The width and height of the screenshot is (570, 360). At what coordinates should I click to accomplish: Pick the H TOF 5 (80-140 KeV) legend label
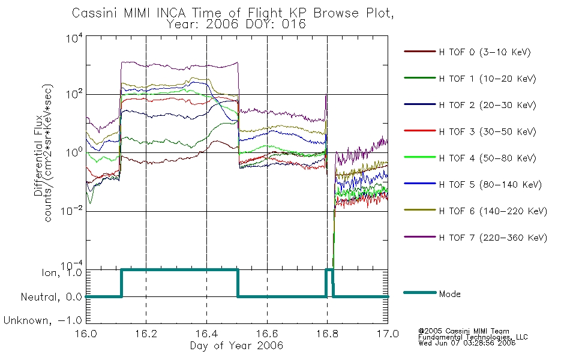point(490,185)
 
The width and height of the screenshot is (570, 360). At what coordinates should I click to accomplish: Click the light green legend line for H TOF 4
point(420,157)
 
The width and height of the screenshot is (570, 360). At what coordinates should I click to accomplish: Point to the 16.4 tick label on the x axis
point(207,334)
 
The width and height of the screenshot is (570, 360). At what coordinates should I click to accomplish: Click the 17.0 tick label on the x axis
point(388,334)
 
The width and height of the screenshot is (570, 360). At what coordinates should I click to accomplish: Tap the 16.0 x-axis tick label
point(86,334)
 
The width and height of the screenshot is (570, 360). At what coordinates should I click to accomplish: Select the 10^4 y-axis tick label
point(74,38)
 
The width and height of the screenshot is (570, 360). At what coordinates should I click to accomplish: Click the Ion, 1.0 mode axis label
point(61,272)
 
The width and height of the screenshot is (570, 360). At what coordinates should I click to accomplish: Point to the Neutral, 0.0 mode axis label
point(51,297)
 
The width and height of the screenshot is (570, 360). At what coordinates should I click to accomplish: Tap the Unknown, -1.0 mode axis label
point(43,320)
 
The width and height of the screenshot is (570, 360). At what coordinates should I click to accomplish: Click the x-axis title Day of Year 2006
point(236,346)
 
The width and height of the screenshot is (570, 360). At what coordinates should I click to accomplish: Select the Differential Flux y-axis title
point(38,155)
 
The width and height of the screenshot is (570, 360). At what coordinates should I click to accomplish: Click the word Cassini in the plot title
point(95,13)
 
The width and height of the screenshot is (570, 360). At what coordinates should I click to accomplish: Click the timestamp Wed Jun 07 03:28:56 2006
point(467,343)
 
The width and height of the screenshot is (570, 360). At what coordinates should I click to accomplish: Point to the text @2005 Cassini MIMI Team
point(463,331)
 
